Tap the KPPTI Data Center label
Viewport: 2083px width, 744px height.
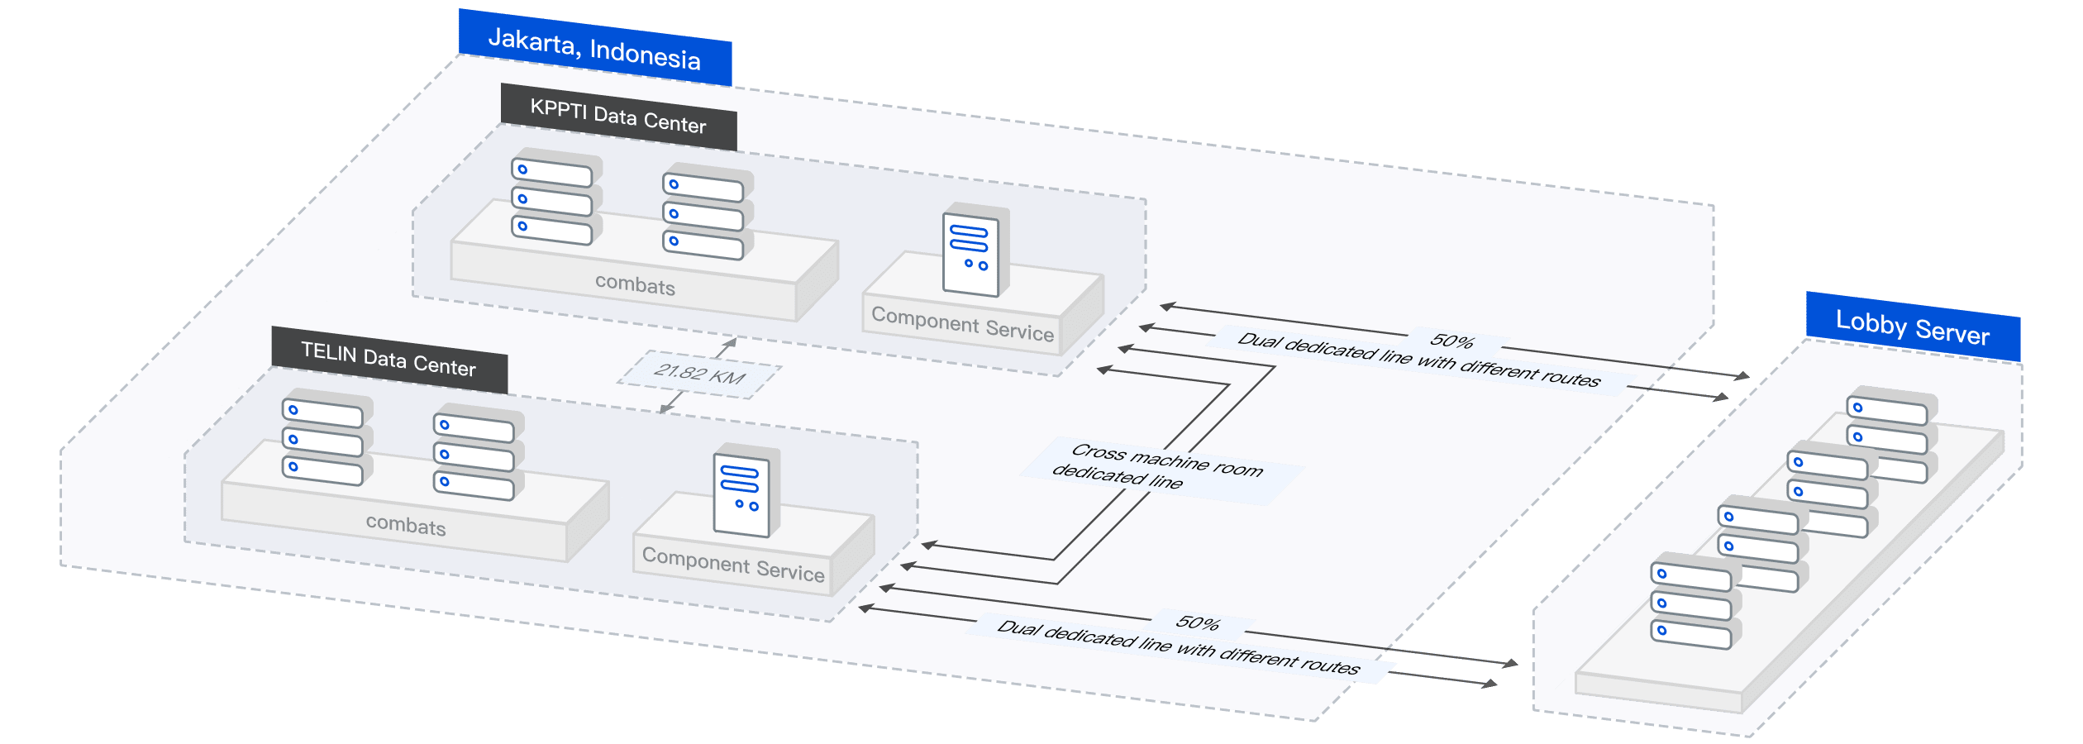click(x=618, y=117)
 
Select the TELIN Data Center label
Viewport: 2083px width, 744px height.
click(x=388, y=360)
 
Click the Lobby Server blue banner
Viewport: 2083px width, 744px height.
click(x=1912, y=327)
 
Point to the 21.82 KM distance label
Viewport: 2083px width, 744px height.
click(x=699, y=374)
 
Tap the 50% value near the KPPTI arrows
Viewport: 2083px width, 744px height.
click(x=1452, y=341)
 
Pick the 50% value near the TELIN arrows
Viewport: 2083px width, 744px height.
click(x=1198, y=622)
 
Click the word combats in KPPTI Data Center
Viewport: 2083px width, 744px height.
click(x=635, y=284)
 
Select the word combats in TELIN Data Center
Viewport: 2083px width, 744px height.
click(x=406, y=525)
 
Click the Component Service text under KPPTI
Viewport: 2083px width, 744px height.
click(x=962, y=323)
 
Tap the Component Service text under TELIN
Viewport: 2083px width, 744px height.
click(x=733, y=565)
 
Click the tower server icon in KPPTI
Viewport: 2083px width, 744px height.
click(x=972, y=251)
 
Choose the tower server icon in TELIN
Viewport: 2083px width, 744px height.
click(x=743, y=492)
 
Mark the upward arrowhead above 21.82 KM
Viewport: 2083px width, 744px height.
click(x=730, y=341)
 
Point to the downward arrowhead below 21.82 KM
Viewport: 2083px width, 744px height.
click(x=665, y=408)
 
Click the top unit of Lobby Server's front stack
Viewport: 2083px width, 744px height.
click(x=1691, y=577)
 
